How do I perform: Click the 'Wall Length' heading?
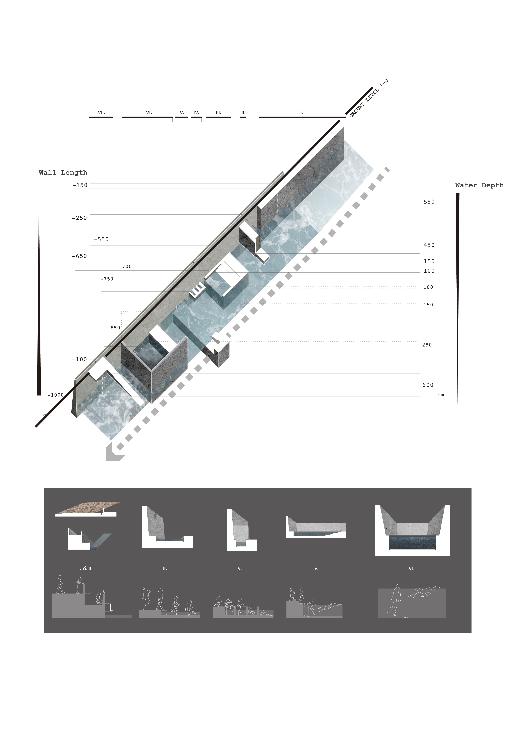pos(63,173)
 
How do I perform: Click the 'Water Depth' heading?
pos(479,185)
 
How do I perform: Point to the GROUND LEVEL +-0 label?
pos(368,99)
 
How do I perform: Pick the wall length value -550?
pos(101,239)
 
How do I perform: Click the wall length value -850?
pos(114,328)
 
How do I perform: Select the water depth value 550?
pos(429,202)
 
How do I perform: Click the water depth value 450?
pos(429,245)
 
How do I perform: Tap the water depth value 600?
pos(428,385)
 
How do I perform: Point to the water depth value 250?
pos(427,345)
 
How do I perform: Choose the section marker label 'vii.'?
pos(101,112)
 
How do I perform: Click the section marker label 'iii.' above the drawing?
pos(218,112)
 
